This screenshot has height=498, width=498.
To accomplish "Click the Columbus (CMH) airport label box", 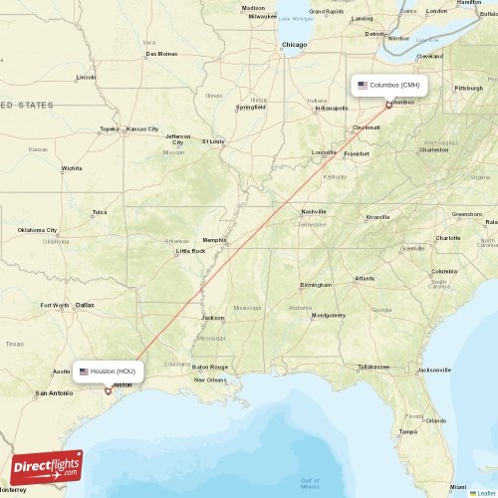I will [389, 85].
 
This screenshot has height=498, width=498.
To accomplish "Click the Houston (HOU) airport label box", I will [109, 372].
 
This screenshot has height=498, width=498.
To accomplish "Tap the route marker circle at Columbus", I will [388, 104].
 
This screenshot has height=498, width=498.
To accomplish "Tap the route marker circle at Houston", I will [108, 390].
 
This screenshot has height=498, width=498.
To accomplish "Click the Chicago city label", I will [294, 45].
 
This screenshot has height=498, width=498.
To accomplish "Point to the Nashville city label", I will [314, 212].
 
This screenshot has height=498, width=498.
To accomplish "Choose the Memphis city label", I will [215, 240].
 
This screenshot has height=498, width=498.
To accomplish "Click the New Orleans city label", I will [210, 379].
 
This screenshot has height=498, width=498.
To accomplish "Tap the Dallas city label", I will [85, 305].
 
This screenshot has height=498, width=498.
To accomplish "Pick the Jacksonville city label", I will [434, 370].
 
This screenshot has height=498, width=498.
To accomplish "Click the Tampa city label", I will [407, 431].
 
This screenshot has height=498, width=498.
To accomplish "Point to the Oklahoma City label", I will [37, 231].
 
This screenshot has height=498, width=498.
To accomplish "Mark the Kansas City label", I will [141, 128].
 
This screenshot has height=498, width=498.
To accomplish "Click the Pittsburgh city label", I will [468, 89].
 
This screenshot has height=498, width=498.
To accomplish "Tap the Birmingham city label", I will [316, 285].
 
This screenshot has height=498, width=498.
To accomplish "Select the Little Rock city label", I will [190, 251].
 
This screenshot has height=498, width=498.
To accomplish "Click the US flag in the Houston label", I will [84, 372].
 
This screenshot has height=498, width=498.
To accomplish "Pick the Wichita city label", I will [71, 168].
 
